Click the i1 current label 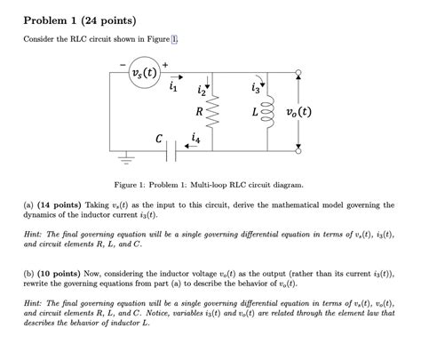click(173, 87)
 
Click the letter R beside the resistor click(199, 113)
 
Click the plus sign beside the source click(164, 63)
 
